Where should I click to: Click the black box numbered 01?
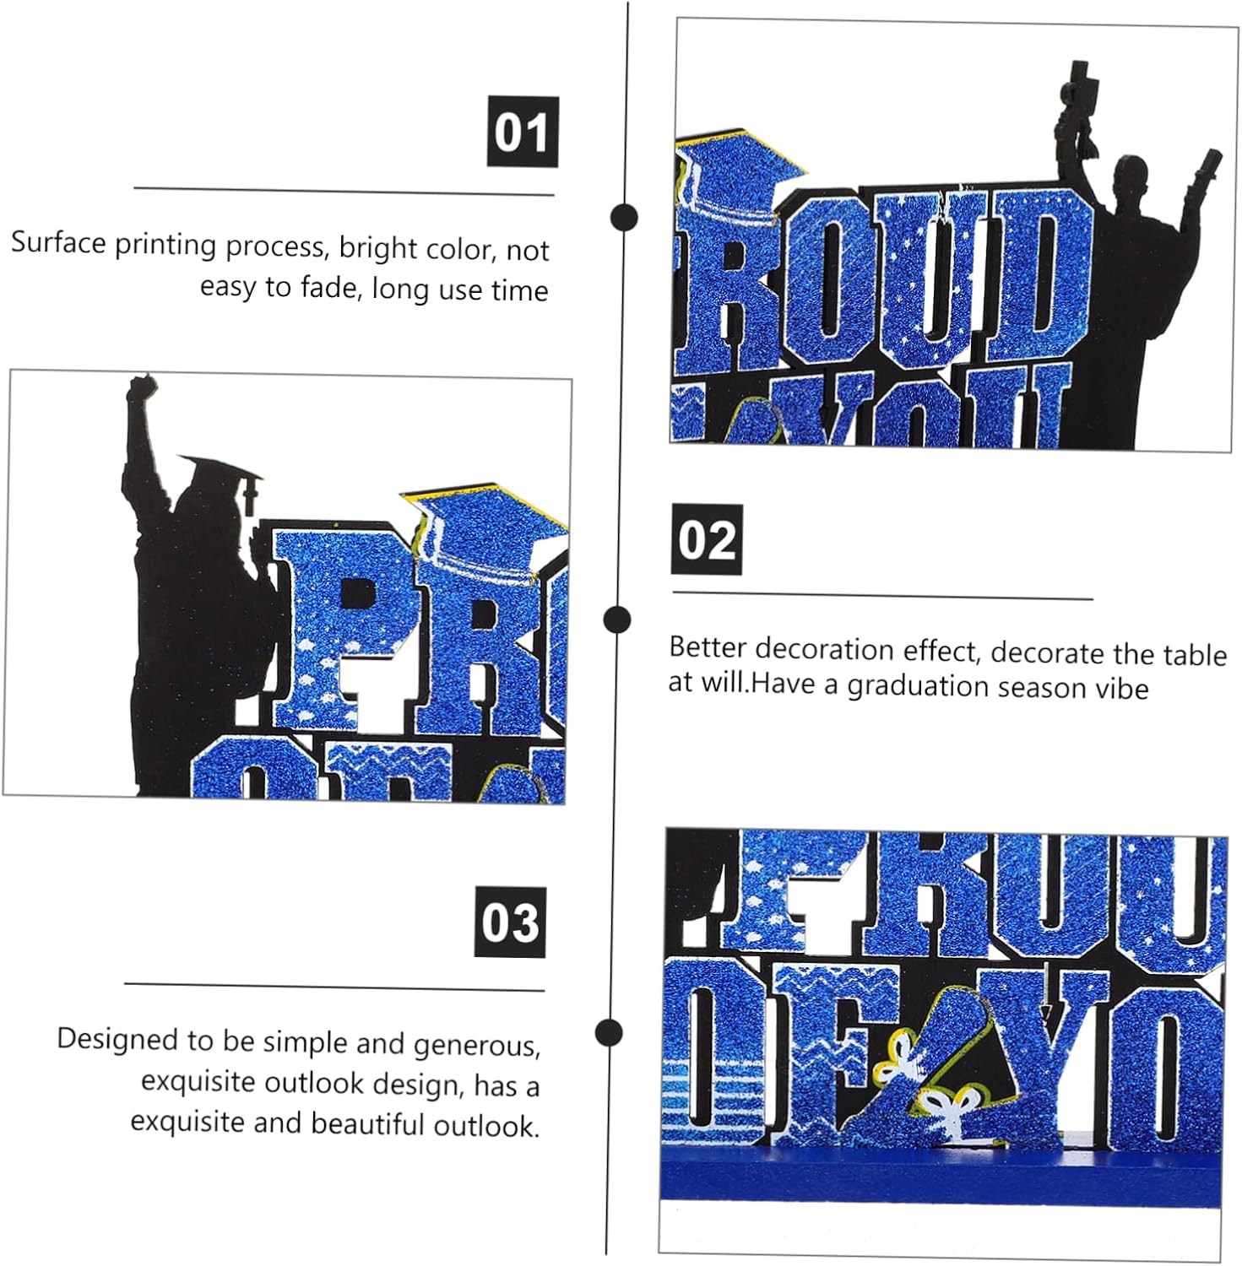click(x=523, y=132)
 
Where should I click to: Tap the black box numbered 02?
click(x=707, y=539)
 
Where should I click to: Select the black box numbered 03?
click(x=510, y=922)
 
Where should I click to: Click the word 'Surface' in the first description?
click(x=59, y=243)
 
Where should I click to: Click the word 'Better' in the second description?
click(x=708, y=647)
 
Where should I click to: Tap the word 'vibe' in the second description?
click(x=1122, y=688)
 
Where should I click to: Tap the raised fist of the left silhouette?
click(x=143, y=391)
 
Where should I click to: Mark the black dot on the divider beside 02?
click(x=618, y=619)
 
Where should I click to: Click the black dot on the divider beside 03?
click(x=609, y=1032)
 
